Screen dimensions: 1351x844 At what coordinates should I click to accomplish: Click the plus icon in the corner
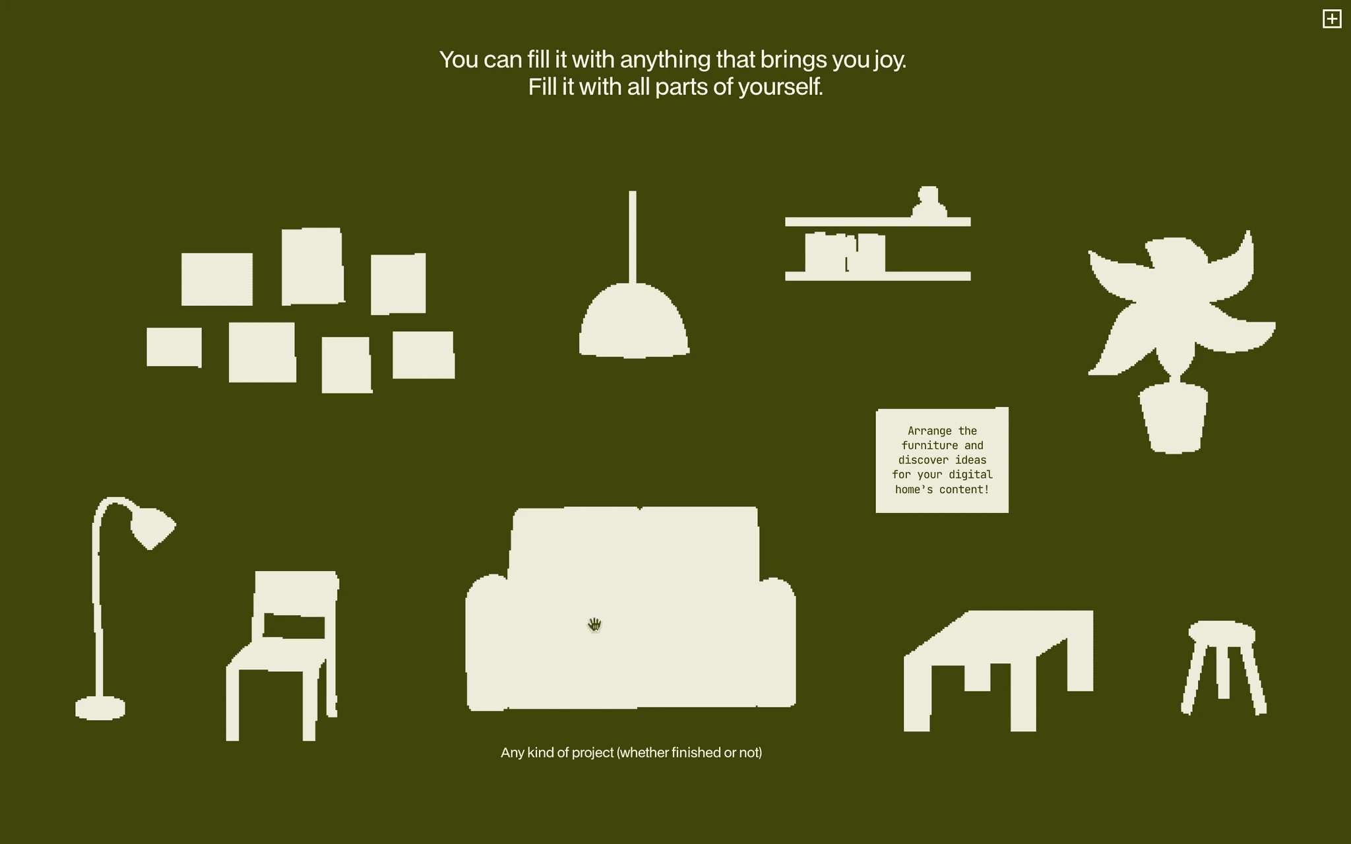tap(1332, 19)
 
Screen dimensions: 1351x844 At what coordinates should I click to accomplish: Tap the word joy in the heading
tap(889, 61)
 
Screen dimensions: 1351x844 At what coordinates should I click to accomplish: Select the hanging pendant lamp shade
tap(634, 321)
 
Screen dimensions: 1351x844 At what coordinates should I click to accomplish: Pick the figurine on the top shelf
tap(929, 202)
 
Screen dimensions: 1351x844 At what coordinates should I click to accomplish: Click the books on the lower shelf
tap(845, 253)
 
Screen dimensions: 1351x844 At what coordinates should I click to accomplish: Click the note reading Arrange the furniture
tap(942, 460)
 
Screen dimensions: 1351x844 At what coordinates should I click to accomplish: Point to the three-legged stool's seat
tap(1222, 632)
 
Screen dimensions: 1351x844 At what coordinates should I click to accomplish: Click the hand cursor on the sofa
tap(594, 624)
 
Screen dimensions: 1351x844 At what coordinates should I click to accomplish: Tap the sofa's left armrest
tap(487, 643)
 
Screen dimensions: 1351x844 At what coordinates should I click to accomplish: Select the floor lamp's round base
tap(100, 709)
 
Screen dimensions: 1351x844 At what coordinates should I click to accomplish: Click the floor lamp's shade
tap(152, 526)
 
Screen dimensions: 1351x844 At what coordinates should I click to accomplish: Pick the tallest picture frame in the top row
tap(313, 266)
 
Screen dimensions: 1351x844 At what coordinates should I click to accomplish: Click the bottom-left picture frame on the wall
tap(174, 347)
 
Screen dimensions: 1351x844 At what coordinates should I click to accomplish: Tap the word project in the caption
tap(592, 753)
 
